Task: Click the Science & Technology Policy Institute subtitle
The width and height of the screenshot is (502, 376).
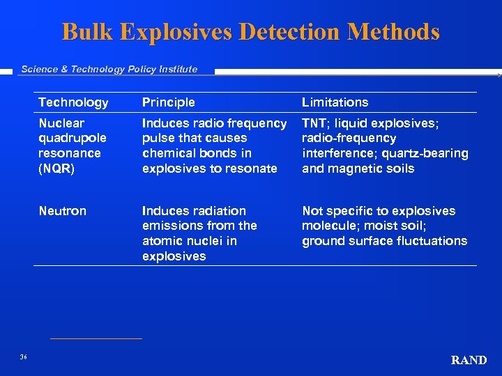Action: [x=109, y=69]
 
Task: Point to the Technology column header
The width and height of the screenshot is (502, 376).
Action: [x=73, y=102]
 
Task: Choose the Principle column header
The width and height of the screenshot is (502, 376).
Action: [x=169, y=102]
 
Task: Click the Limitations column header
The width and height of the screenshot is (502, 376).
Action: [x=335, y=102]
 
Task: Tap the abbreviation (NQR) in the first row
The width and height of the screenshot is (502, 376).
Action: [x=56, y=169]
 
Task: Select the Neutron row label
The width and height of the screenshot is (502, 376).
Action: [x=62, y=211]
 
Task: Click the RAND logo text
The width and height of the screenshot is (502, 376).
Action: [x=469, y=360]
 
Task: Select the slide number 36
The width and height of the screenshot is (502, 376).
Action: [x=23, y=357]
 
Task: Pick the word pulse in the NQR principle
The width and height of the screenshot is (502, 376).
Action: [x=158, y=138]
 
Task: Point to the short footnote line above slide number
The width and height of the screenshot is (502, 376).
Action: [x=96, y=339]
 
